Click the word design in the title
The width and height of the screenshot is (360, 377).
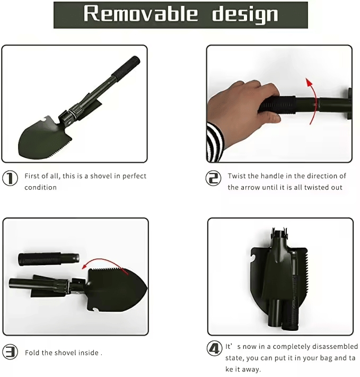coord(245,14)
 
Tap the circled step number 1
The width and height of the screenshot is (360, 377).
coord(10,178)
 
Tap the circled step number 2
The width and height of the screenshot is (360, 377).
coord(213,178)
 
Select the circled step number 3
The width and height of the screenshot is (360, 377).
coord(10,352)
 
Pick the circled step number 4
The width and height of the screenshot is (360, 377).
coord(214,348)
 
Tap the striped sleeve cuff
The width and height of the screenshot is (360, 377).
coord(214,141)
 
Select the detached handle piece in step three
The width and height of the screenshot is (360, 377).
coord(48,259)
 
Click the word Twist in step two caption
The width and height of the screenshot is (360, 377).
coord(236,176)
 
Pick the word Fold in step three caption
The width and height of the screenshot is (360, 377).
coord(32,353)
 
